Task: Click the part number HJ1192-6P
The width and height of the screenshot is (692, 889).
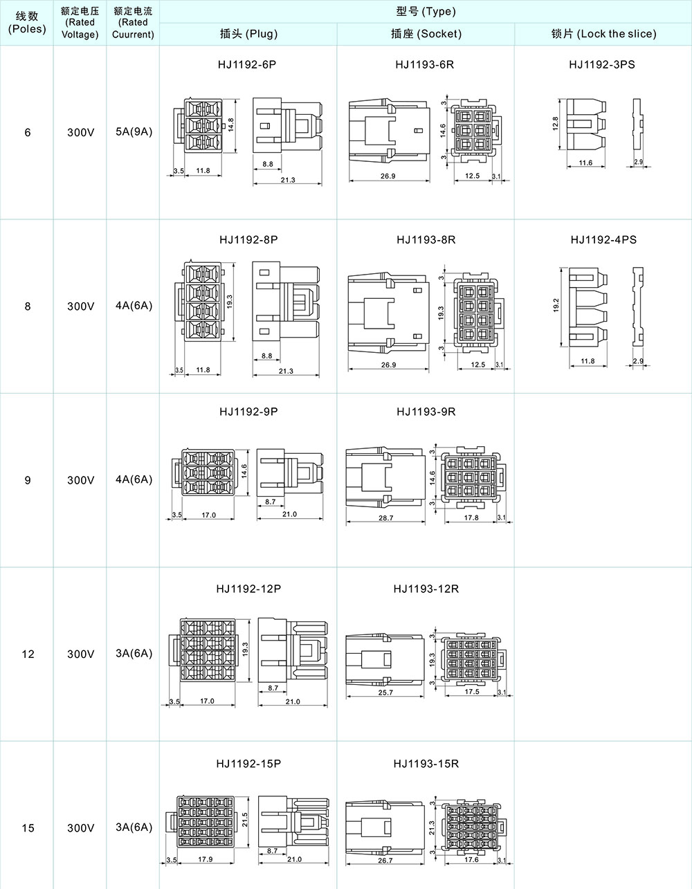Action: coord(247,64)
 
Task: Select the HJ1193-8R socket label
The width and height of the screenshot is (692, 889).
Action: coord(426,240)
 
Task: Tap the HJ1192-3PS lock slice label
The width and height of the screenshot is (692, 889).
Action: coord(601,64)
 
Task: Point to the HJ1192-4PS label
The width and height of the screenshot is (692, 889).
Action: coord(603,240)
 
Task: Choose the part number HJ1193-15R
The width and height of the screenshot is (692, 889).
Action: coord(426,764)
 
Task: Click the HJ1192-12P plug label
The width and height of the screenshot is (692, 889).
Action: coord(248,589)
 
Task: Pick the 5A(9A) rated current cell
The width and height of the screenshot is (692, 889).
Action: coord(134,131)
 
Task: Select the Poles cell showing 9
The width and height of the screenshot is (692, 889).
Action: coord(28,480)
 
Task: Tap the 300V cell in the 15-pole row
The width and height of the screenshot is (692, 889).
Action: coord(80,828)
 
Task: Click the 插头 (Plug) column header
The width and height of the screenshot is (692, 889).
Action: coord(248,33)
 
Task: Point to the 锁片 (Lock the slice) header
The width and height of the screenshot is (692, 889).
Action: coord(603,33)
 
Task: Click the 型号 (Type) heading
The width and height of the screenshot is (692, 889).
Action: coord(426,11)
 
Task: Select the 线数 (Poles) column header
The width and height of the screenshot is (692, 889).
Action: coord(27,22)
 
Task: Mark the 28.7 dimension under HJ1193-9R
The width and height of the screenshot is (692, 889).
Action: coord(385,518)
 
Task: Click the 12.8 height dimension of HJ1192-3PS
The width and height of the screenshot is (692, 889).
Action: coord(555,124)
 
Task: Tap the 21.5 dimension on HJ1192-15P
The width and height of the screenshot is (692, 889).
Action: coord(245,820)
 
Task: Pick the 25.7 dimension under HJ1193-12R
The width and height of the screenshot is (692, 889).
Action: coord(385,693)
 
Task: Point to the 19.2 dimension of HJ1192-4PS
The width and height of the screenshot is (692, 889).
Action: coord(556,305)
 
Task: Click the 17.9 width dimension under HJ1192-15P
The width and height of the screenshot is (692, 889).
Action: coord(205,859)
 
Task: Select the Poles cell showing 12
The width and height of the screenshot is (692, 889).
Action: coord(28,654)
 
